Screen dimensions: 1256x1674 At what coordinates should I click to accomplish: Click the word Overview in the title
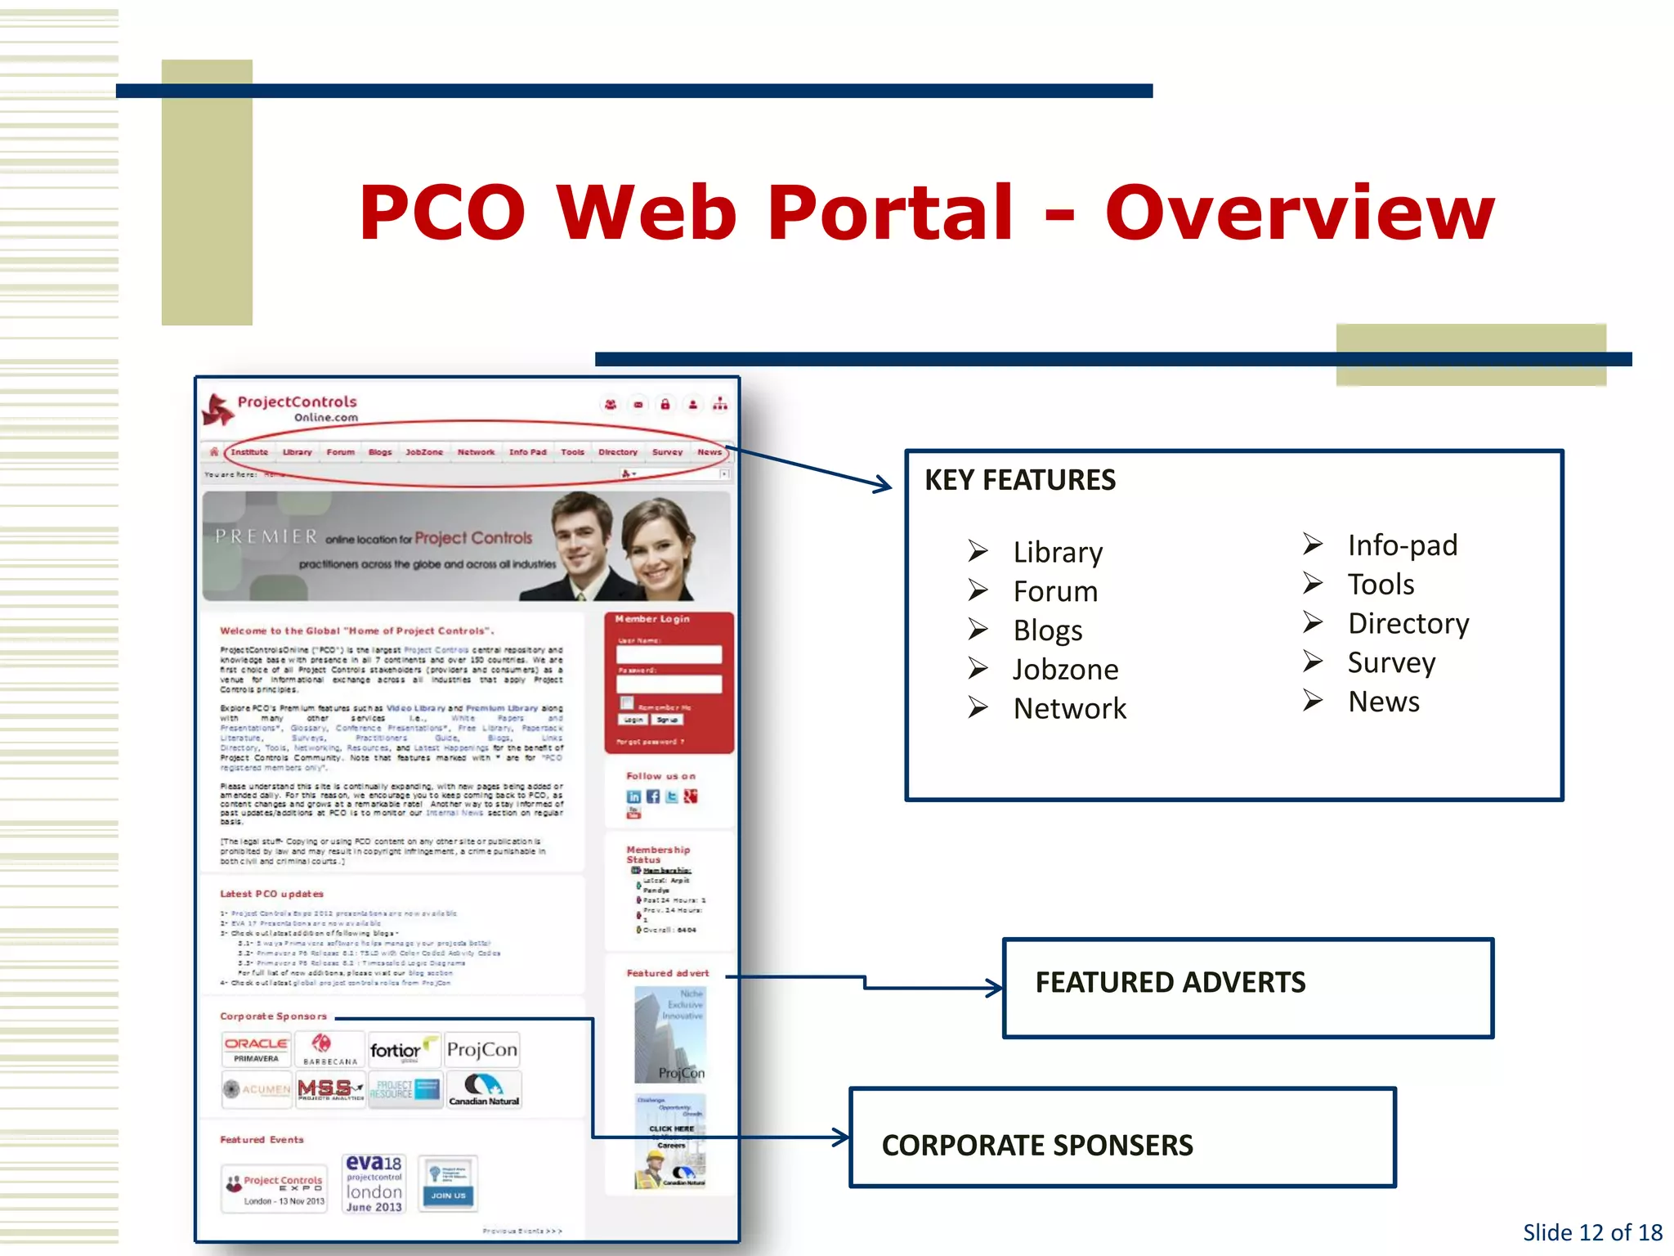pyautogui.click(x=1300, y=213)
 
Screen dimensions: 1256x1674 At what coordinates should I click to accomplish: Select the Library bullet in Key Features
pyautogui.click(x=1057, y=552)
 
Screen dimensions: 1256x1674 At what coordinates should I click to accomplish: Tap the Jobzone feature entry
pyautogui.click(x=1065, y=670)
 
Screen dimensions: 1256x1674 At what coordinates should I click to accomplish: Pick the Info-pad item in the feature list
pyautogui.click(x=1402, y=545)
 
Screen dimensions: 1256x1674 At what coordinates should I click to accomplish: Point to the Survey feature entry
pyautogui.click(x=1391, y=662)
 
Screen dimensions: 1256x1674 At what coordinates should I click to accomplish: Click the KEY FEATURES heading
pyautogui.click(x=1019, y=480)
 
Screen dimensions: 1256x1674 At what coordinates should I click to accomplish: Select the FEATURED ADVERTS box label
pyautogui.click(x=1170, y=982)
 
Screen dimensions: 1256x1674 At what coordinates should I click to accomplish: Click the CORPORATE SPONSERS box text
pyautogui.click(x=1036, y=1146)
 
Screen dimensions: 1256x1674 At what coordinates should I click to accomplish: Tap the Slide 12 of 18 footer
pyautogui.click(x=1591, y=1232)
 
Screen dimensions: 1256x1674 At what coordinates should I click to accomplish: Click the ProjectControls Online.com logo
pyautogui.click(x=282, y=408)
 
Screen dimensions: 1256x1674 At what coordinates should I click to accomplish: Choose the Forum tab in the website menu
pyautogui.click(x=340, y=452)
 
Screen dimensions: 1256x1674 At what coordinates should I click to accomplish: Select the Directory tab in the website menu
pyautogui.click(x=617, y=452)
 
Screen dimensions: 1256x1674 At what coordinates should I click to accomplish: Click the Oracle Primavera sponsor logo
pyautogui.click(x=256, y=1050)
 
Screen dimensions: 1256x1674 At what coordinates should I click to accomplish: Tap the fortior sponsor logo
pyautogui.click(x=398, y=1050)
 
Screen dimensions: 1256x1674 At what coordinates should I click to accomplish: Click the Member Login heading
pyautogui.click(x=652, y=619)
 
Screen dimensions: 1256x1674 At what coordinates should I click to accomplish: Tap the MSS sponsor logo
pyautogui.click(x=329, y=1089)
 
